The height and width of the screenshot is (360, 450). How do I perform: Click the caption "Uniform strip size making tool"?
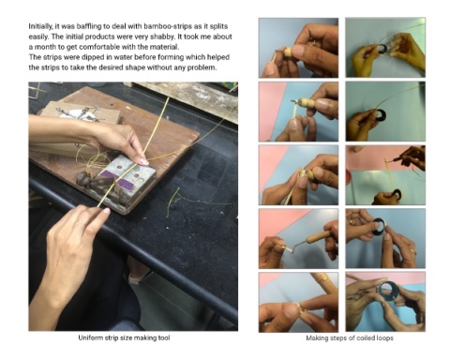click(x=124, y=337)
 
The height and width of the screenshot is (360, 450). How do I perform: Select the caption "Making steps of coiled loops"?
click(x=350, y=337)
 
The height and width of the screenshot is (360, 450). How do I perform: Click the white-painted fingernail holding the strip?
click(x=143, y=161)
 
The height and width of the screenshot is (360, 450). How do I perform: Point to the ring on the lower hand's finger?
click(x=81, y=222)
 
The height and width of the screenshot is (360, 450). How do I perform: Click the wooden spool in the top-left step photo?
click(x=287, y=52)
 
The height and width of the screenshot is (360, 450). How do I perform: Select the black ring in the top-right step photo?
click(x=382, y=48)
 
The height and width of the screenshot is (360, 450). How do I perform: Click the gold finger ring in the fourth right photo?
click(x=413, y=251)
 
